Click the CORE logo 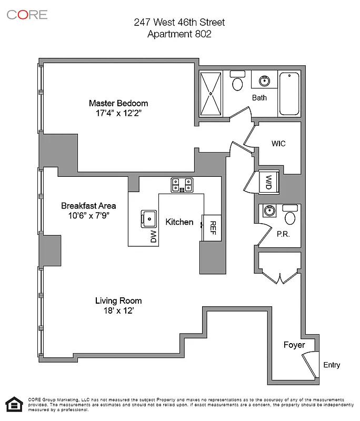27,14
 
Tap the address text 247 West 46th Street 179,22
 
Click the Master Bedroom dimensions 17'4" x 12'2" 118,113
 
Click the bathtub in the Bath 289,94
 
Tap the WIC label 278,144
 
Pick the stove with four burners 182,185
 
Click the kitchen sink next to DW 148,217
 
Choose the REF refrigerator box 213,227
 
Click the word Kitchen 179,222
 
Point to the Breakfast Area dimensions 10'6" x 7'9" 88,215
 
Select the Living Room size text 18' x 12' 118,310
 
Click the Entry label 332,365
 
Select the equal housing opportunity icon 13,404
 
